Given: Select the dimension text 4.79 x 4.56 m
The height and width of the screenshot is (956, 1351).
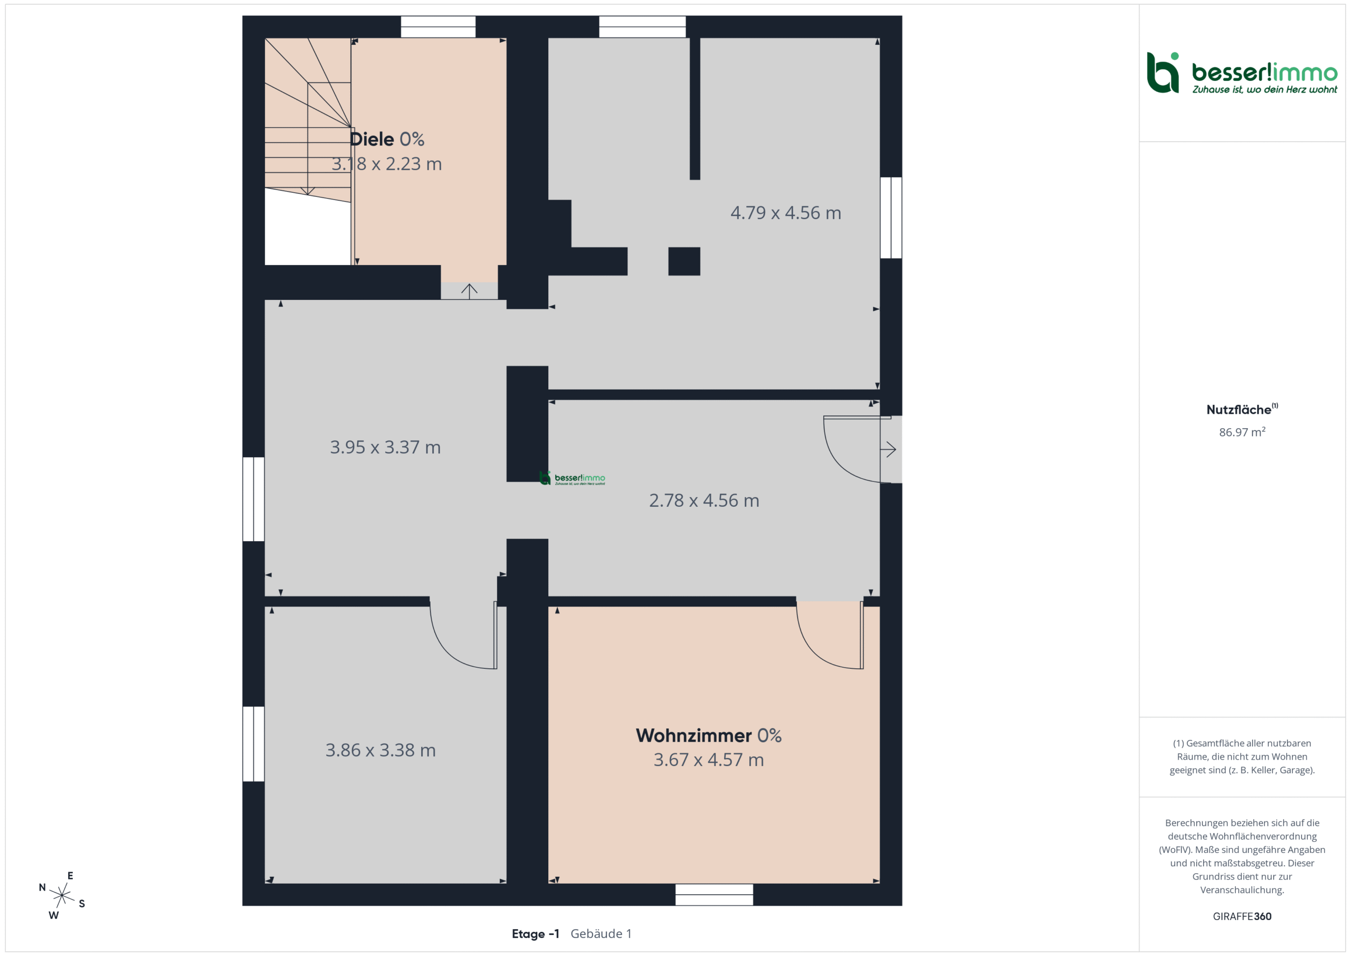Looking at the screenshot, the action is coord(786,213).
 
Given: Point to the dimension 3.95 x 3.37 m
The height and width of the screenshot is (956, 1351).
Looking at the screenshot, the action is coord(385,448).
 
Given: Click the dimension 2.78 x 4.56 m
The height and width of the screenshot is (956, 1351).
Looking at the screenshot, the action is coord(704,500).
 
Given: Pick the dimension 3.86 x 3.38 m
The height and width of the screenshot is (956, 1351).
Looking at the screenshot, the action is coord(380,750).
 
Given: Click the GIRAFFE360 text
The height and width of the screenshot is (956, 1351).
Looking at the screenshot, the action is coord(1242,916).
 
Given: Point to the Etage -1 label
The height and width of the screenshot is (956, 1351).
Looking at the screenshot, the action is coord(536,934).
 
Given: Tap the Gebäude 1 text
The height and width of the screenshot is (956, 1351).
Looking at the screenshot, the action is coord(601,934).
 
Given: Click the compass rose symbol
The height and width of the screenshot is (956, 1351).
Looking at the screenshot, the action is coord(62,895).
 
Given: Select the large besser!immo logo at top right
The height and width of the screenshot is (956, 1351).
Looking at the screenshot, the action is coord(1242,73).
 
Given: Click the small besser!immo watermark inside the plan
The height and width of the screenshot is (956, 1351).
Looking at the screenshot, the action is coord(572,478).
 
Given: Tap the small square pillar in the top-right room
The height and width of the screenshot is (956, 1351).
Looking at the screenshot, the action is coord(684,261).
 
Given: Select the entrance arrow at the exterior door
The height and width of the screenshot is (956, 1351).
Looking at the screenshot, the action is coord(888,450).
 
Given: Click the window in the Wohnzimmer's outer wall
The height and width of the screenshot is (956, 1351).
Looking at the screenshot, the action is coord(713,894).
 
